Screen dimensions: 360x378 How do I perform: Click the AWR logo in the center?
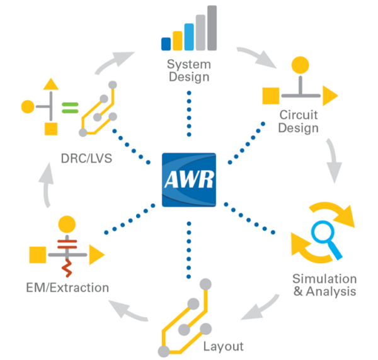189,180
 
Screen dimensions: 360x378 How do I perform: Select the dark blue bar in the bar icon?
166,43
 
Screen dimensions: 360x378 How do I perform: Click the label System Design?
189,71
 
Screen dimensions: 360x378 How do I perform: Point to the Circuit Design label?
299,121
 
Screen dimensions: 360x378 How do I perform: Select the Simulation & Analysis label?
324,285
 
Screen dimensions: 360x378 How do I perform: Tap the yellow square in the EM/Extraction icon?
37,255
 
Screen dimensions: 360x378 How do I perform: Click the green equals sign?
70,107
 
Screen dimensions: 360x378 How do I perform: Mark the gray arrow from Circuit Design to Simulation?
333,160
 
